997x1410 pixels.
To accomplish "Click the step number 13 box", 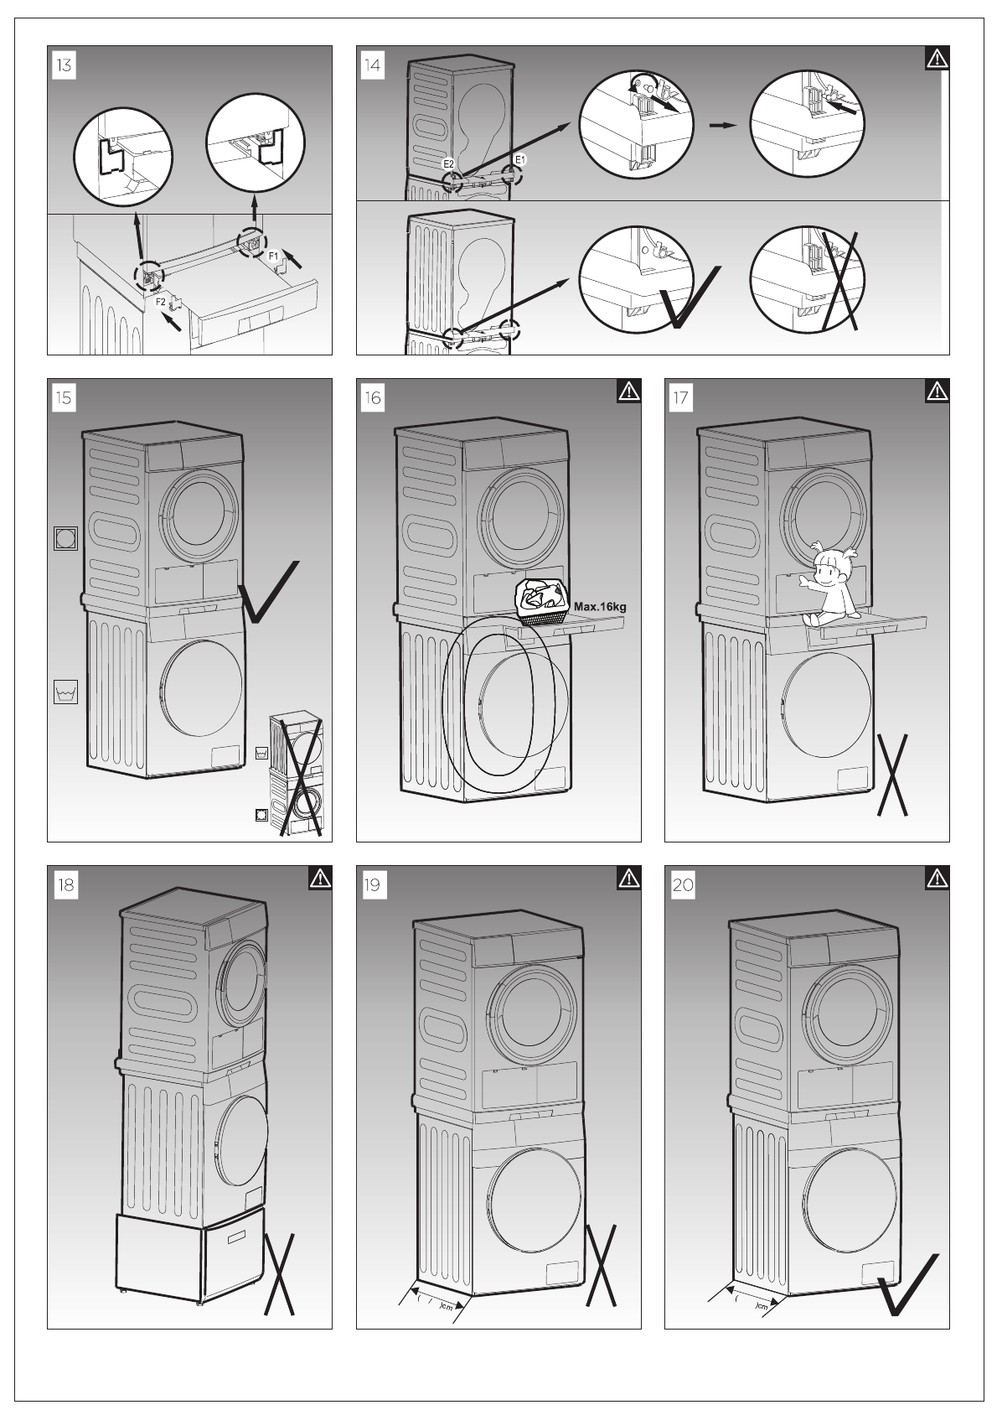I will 64,65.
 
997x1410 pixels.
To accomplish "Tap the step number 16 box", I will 373,397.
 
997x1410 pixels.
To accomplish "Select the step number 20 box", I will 682,884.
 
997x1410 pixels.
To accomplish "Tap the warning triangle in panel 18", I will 320,878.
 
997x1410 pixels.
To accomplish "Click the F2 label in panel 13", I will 161,300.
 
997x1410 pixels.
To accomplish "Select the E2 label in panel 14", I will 448,163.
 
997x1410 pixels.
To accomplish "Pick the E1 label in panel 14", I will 519,158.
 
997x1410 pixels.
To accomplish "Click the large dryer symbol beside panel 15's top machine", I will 65,538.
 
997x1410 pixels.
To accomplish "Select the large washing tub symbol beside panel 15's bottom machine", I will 65,692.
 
